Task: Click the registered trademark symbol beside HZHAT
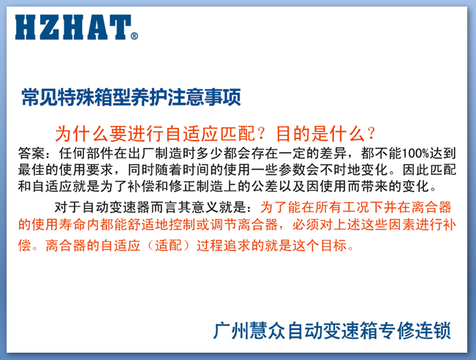[x=135, y=36]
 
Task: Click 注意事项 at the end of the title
[x=204, y=97]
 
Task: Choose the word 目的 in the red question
[x=294, y=134]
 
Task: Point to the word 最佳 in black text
[x=31, y=170]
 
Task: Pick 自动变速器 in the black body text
[x=116, y=207]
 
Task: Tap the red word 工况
[x=356, y=207]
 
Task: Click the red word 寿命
[x=73, y=225]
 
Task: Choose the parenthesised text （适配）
[x=169, y=245]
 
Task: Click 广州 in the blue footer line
[x=231, y=331]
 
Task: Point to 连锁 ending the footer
[x=433, y=331]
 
